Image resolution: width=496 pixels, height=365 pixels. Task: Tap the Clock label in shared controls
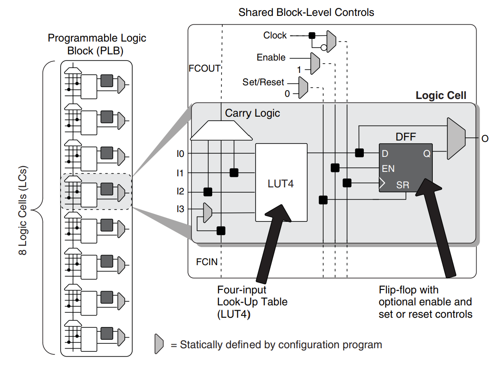tap(275, 35)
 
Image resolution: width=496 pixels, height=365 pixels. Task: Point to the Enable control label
tap(271, 57)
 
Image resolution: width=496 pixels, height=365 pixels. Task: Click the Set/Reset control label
tap(263, 82)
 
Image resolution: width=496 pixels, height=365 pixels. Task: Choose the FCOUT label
tap(204, 68)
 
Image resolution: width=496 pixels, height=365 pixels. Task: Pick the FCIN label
tap(207, 262)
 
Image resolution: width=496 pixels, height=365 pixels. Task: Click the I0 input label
tap(180, 154)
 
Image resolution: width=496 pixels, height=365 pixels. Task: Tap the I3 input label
tap(180, 210)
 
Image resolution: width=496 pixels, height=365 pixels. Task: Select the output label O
tap(485, 139)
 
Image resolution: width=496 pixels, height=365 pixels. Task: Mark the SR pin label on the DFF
tap(402, 185)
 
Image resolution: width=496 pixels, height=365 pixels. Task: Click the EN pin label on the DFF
tap(389, 168)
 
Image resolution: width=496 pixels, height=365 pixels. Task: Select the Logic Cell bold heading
tap(441, 95)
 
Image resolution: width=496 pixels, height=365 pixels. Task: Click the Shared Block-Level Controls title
tap(306, 12)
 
